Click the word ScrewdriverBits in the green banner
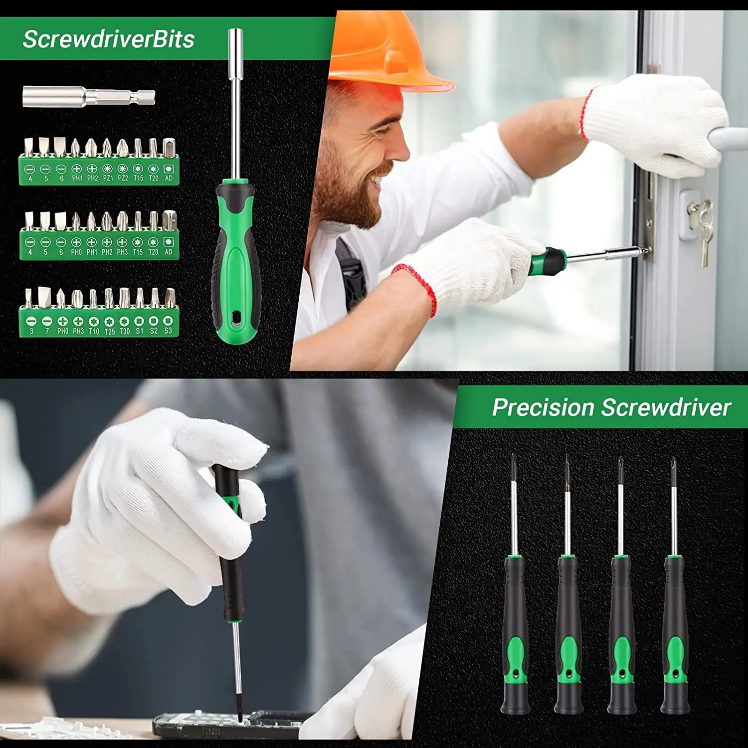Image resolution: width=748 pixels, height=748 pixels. [x=109, y=39]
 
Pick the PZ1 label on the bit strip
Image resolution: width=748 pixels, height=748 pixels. [x=108, y=178]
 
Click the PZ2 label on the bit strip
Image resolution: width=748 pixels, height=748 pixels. [x=123, y=178]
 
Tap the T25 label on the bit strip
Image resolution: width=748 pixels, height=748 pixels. [x=109, y=331]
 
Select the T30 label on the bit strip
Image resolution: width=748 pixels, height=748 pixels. [x=125, y=331]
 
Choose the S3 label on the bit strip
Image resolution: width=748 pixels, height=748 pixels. [x=168, y=331]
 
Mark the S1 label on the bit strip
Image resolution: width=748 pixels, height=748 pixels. [x=139, y=331]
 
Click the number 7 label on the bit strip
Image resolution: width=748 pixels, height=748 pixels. [x=47, y=331]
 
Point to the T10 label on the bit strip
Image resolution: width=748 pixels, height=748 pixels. [x=94, y=331]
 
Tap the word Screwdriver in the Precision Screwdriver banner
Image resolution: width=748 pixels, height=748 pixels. [x=666, y=407]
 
